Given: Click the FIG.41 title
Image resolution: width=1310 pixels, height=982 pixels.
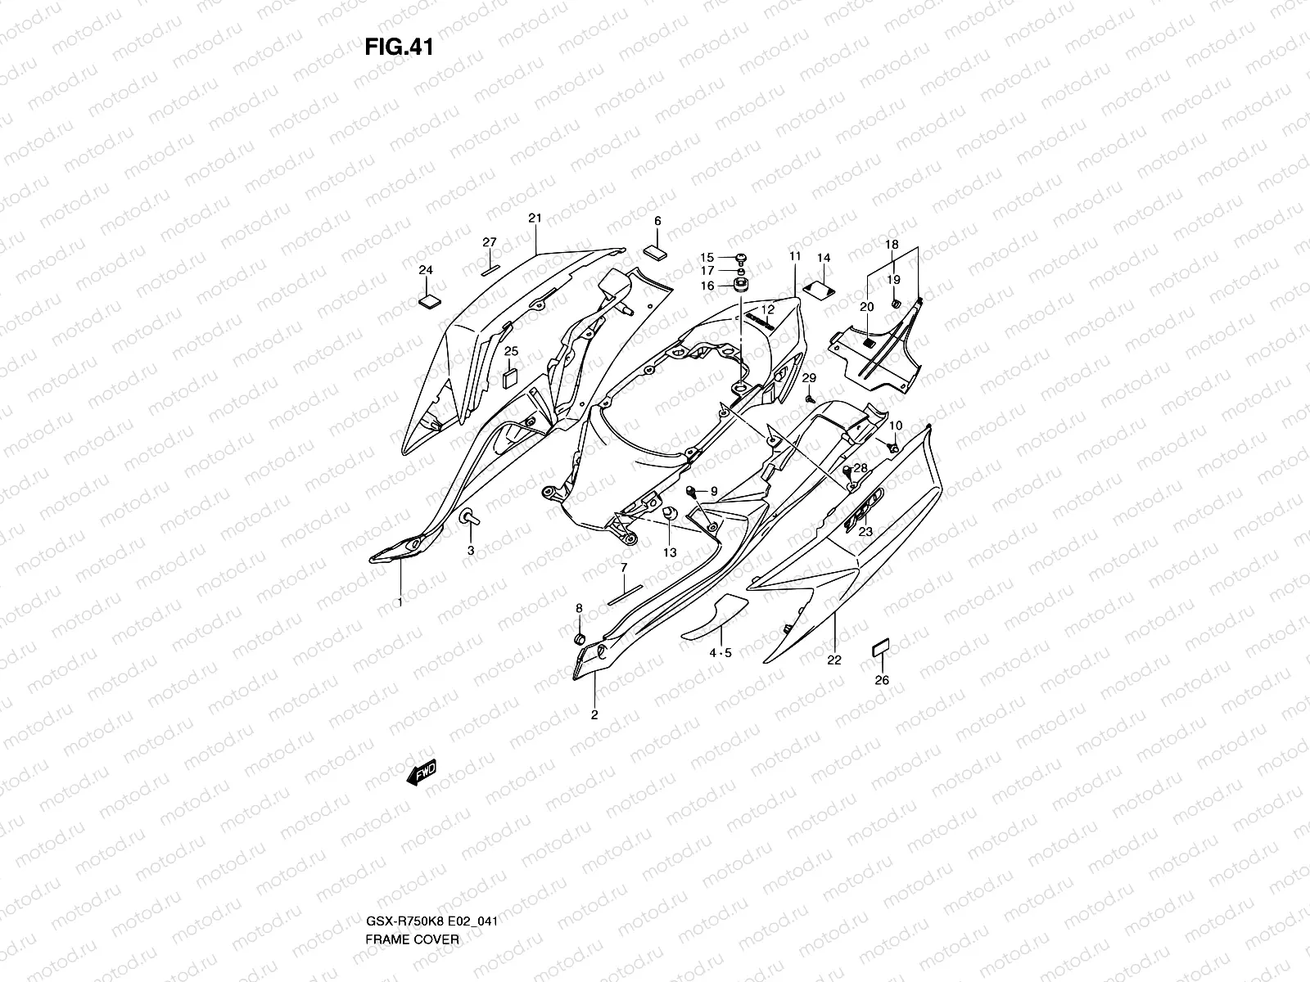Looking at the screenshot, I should (x=399, y=47).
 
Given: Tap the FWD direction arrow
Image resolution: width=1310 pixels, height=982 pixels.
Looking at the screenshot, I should (x=421, y=772).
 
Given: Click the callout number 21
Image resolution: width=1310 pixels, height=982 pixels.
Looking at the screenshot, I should (x=535, y=218).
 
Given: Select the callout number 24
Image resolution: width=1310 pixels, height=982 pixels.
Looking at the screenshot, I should (x=426, y=270).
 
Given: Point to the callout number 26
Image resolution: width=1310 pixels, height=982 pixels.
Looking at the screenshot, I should (x=882, y=680).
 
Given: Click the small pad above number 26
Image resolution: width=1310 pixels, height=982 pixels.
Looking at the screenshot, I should (x=880, y=648).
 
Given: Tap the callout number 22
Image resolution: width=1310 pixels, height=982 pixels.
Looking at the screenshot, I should (x=834, y=661).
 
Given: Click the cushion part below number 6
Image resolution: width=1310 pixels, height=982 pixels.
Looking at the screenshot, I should (x=657, y=250).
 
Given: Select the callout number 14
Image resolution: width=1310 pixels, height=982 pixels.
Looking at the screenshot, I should (x=824, y=258).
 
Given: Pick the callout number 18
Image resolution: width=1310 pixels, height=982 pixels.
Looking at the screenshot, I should (x=892, y=245).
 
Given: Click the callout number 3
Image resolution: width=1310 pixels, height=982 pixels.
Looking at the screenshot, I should (x=471, y=551).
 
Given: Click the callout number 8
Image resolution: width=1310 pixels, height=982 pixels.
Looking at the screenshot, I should (x=579, y=608).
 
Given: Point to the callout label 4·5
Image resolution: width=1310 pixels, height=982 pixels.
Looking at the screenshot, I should (x=720, y=653).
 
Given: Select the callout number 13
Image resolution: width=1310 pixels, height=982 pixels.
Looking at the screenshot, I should (x=670, y=553).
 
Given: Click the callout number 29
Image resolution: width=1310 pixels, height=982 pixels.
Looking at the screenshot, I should (x=809, y=377).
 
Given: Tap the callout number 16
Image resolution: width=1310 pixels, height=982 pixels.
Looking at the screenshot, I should (x=707, y=286).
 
